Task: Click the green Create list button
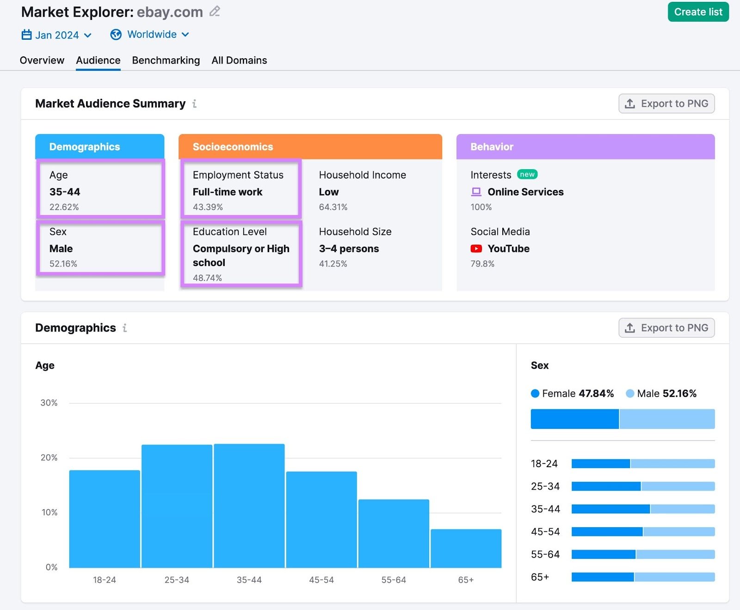coord(697,12)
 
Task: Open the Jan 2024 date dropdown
coord(57,35)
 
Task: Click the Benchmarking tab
coord(166,61)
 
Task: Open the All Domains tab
coord(239,61)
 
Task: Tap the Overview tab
coord(42,61)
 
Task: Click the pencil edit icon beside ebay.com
coord(215,12)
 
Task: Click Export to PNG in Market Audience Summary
coord(666,104)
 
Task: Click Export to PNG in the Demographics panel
coord(666,328)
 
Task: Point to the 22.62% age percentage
coord(64,207)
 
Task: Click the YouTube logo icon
coord(476,249)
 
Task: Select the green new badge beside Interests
coord(527,174)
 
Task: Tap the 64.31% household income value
coord(333,207)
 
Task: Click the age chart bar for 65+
coord(466,548)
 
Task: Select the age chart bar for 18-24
coord(105,519)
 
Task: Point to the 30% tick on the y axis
coord(49,403)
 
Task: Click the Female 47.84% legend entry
coord(572,394)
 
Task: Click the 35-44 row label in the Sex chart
coord(545,509)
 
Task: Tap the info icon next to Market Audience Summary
coord(195,104)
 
